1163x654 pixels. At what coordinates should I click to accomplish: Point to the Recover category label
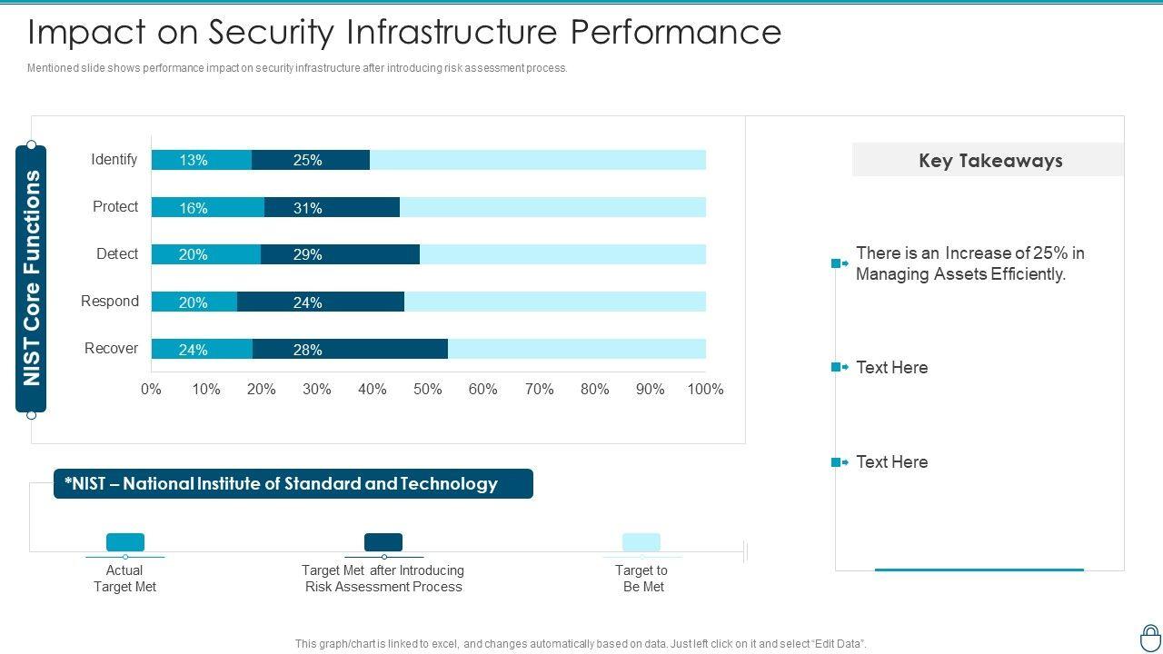point(111,349)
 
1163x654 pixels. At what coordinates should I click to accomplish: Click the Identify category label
point(114,160)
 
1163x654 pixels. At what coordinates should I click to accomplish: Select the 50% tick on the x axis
point(428,390)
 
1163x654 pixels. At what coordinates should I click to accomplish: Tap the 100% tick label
point(705,390)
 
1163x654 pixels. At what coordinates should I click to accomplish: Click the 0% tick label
point(151,390)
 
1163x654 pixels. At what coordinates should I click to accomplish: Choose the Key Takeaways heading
point(990,161)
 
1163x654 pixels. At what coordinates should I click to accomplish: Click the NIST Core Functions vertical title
point(32,278)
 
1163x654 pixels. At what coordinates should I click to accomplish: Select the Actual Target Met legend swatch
point(125,542)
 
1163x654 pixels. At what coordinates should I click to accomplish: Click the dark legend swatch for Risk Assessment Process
point(383,542)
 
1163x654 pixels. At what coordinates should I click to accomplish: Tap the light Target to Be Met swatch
point(641,542)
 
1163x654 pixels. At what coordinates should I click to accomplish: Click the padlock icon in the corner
point(1150,637)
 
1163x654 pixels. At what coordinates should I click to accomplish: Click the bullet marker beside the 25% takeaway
point(839,263)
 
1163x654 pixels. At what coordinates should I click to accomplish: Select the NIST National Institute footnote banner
point(293,484)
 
